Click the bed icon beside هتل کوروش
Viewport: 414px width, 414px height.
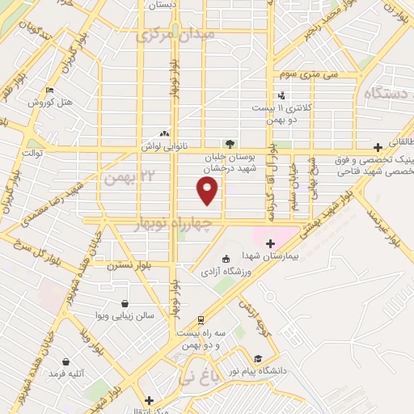pyautogui.click(x=50, y=90)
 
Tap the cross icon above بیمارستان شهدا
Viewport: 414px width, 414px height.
pyautogui.click(x=270, y=243)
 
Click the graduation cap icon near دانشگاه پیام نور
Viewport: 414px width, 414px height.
pyautogui.click(x=257, y=357)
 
